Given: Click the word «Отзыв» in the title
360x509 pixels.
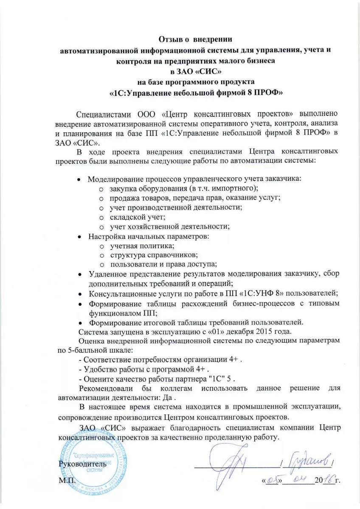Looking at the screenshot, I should coord(173,40).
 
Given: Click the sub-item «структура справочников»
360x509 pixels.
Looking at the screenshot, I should coord(154,255).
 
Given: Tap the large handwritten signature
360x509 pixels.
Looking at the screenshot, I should coord(236,460).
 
